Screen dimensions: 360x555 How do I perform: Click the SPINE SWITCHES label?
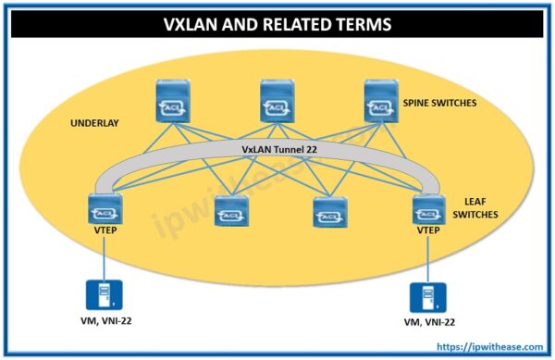click(x=439, y=103)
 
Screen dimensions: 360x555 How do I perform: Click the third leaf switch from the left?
click(x=327, y=213)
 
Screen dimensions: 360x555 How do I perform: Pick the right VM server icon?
click(x=424, y=298)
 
